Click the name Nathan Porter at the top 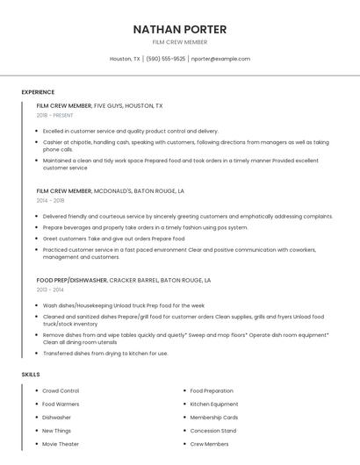[x=179, y=29]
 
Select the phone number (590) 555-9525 [x=165, y=59]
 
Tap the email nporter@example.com [x=220, y=59]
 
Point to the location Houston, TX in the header [x=125, y=59]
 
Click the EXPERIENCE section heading [x=38, y=92]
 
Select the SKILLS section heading [x=31, y=375]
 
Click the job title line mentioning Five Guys [x=99, y=105]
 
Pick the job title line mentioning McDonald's [x=110, y=190]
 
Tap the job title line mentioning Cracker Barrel [x=124, y=280]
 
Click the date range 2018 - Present [x=54, y=115]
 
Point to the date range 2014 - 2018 [x=50, y=200]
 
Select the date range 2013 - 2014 [x=50, y=290]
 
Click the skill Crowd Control [x=61, y=390]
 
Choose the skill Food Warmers [x=61, y=404]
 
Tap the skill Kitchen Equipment [x=213, y=404]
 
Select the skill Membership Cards [x=213, y=418]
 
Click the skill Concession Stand [x=212, y=431]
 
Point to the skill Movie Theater [x=61, y=444]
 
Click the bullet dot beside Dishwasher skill [x=37, y=418]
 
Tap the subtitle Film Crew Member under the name [x=179, y=42]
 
